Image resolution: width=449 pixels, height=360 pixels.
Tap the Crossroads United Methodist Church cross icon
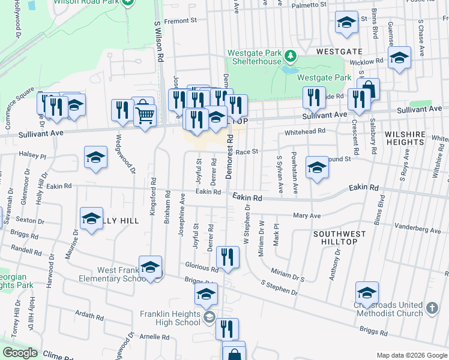pyautogui.click(x=432, y=308)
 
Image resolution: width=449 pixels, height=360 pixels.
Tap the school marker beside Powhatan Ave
pyautogui.click(x=316, y=167)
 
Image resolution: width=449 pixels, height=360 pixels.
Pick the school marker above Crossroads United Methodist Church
pyautogui.click(x=367, y=292)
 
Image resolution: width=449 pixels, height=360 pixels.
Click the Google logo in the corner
pyautogui.click(x=20, y=353)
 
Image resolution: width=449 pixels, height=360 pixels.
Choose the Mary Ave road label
pyautogui.click(x=307, y=215)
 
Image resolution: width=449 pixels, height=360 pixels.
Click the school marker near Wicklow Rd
pyautogui.click(x=398, y=58)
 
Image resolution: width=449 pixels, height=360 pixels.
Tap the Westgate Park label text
pyautogui.click(x=324, y=77)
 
